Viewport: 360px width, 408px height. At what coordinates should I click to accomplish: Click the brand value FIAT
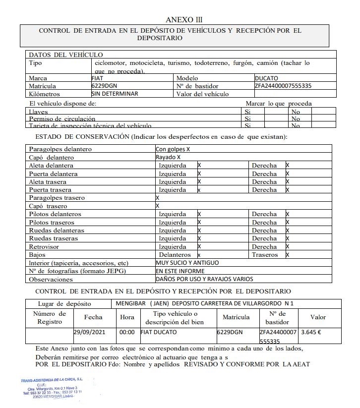(x=98, y=78)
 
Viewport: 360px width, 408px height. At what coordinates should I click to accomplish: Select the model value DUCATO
(x=266, y=78)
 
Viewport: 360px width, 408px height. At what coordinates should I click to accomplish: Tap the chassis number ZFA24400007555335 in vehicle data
(x=283, y=86)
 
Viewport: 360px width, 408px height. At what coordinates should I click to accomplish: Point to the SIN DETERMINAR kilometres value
(x=115, y=93)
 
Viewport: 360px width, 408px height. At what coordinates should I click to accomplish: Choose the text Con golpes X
(x=173, y=149)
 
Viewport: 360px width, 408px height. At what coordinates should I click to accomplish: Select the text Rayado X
(x=168, y=157)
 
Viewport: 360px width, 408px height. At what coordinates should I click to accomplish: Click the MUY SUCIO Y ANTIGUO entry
(x=187, y=262)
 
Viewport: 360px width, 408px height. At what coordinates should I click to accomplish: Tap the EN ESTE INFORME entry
(x=180, y=271)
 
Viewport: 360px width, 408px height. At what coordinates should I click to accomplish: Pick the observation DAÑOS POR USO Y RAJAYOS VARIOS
(x=204, y=279)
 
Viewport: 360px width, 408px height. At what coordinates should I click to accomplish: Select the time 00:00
(x=127, y=333)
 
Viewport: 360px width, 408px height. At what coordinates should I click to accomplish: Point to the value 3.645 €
(x=311, y=333)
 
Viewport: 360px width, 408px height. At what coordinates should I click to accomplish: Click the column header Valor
(x=318, y=317)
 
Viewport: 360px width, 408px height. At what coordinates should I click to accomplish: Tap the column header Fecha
(x=93, y=317)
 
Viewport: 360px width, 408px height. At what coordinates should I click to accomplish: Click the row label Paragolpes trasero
(x=57, y=198)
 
